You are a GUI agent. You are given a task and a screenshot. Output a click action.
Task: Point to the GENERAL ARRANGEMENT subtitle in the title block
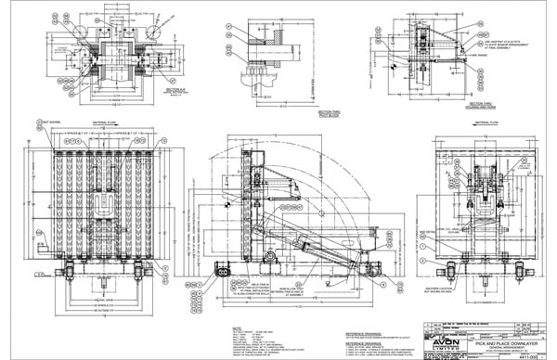click(492, 347)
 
